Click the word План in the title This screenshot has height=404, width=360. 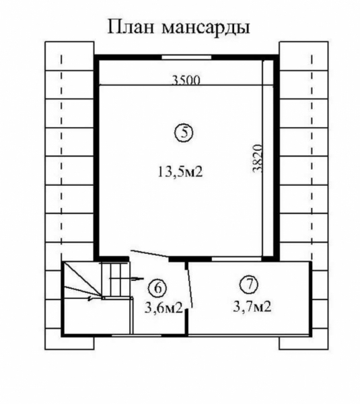coord(131,26)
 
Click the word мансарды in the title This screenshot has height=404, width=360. coord(206,28)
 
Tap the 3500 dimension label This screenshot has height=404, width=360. coord(186,80)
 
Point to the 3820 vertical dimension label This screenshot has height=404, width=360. coord(257,158)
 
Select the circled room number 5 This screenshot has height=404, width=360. coord(184,133)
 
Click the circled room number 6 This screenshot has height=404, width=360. coord(157,288)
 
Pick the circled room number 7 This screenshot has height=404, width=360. coord(249,284)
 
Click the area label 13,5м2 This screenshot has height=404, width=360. coord(180,171)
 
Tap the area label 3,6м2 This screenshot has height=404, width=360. coord(164,308)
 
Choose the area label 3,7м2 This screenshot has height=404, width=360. coord(252,307)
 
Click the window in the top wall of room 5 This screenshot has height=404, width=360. coord(186,57)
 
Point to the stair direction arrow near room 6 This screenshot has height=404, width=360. coord(127,279)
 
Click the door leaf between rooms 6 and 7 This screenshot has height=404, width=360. coord(190,285)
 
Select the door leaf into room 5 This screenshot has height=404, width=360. coord(150,254)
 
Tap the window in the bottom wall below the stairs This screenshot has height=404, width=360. coord(137,335)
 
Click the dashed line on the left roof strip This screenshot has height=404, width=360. coord(61,158)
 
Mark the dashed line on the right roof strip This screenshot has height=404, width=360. coord(312,158)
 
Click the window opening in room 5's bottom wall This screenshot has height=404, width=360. coord(236,259)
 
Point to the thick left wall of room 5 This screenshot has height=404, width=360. coord(97,158)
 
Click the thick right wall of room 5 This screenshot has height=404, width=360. coord(276,158)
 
